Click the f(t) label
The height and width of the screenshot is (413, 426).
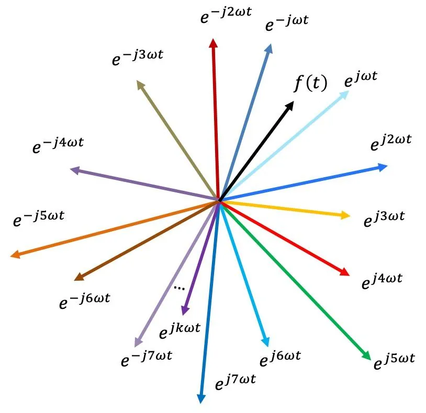310,84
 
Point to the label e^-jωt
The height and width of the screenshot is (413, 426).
287,24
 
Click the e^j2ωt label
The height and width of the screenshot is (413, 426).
391,143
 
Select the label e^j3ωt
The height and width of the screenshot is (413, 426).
384,219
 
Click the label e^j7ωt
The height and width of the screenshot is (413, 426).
236,381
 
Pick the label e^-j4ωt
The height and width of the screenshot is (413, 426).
58,146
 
